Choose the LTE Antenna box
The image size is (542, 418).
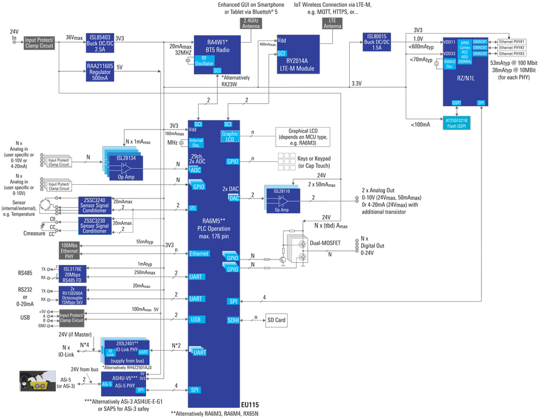pyautogui.click(x=333, y=23)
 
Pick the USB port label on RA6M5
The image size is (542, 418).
pyautogui.click(x=196, y=319)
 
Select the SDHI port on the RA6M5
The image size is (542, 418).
pyautogui.click(x=232, y=321)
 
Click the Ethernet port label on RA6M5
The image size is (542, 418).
pyautogui.click(x=199, y=253)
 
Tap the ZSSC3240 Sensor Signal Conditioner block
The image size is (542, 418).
pyautogui.click(x=94, y=204)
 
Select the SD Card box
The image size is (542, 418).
pyautogui.click(x=278, y=320)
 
